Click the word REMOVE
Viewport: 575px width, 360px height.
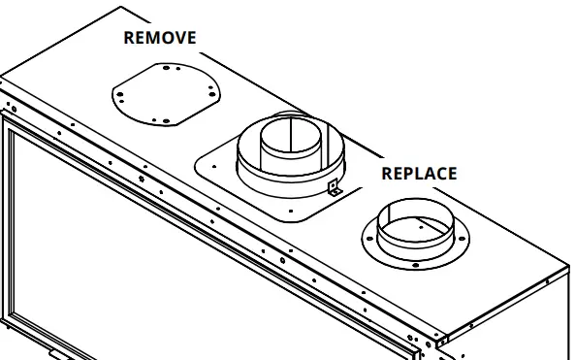click(x=160, y=38)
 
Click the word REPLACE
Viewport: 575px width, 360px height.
click(x=418, y=174)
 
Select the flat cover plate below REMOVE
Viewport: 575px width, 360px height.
click(x=164, y=92)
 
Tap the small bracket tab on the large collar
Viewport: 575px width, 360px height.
click(x=335, y=188)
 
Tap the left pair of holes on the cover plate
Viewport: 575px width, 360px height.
click(x=119, y=94)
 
